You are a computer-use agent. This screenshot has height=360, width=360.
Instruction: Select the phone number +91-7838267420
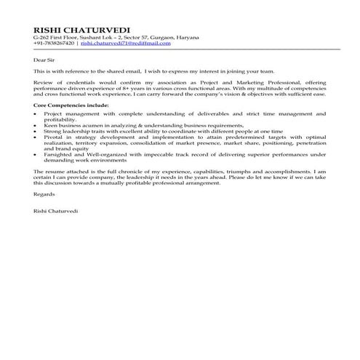pyautogui.click(x=55, y=44)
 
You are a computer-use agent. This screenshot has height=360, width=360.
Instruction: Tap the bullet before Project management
pyautogui.click(x=36, y=115)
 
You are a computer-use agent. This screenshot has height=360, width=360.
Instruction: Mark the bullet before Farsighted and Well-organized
pyautogui.click(x=36, y=156)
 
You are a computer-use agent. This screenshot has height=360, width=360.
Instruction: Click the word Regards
pyautogui.click(x=44, y=195)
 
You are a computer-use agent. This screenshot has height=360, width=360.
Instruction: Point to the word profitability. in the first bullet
pyautogui.click(x=60, y=120)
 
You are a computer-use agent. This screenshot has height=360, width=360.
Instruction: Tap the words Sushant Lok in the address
pyautogui.click(x=87, y=36)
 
